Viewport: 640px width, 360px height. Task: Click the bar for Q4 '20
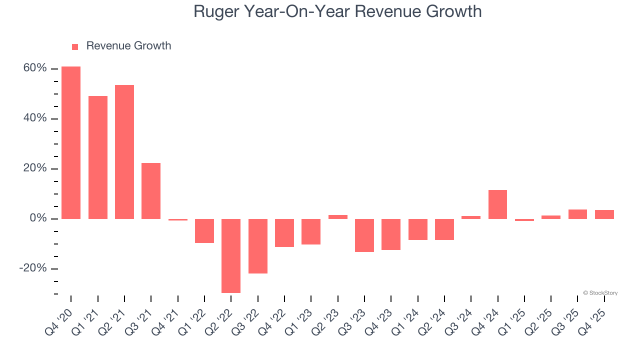71,142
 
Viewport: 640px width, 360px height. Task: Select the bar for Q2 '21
124,152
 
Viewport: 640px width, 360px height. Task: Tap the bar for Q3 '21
151,191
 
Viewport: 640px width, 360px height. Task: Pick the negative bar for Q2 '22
231,255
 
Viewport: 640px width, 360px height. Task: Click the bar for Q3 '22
258,246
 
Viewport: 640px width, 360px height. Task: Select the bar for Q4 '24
497,204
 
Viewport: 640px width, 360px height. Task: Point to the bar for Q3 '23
364,235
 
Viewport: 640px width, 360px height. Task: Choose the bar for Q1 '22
204,231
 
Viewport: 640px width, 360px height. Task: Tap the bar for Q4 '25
604,214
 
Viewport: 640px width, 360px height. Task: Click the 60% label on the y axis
35,68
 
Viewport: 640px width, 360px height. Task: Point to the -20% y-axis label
33,268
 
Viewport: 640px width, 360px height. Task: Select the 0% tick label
38,218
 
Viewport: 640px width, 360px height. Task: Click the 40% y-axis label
35,118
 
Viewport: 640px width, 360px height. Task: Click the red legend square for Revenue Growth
75,46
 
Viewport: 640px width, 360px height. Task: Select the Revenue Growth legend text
128,46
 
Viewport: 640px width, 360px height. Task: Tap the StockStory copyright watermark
600,293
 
